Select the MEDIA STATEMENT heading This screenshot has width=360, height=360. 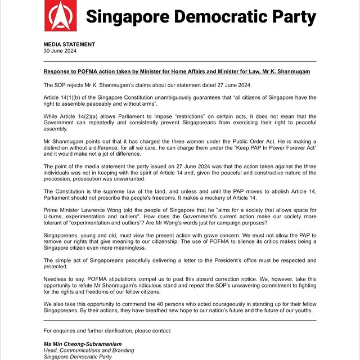coord(69,44)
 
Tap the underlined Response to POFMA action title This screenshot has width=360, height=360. coord(177,73)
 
